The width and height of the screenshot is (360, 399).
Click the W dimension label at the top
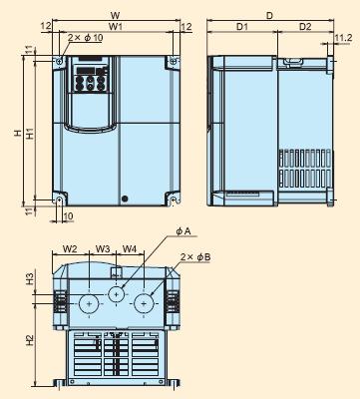115,15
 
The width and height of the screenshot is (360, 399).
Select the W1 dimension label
115,27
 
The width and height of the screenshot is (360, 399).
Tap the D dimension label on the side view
269,15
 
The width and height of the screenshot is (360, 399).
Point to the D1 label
242,27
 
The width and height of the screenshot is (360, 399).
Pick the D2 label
305,27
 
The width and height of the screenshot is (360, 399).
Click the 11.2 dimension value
343,38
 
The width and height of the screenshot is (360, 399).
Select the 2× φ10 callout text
86,38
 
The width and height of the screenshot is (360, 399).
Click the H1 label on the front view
30,134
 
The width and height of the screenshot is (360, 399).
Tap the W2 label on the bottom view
70,248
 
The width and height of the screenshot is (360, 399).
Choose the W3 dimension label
103,248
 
